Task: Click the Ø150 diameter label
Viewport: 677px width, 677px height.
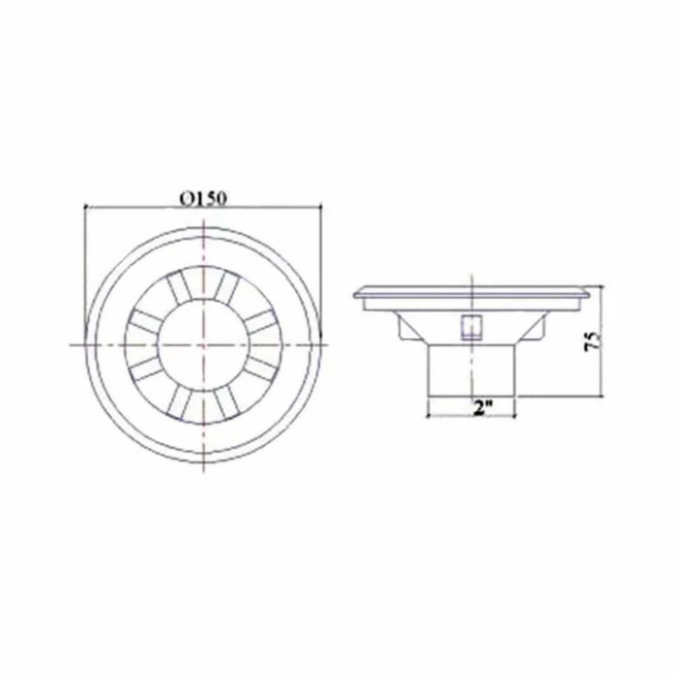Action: [203, 198]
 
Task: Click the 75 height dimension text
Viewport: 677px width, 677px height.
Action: [593, 340]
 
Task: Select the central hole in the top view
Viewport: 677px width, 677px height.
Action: [203, 344]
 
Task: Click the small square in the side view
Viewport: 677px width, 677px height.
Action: [471, 327]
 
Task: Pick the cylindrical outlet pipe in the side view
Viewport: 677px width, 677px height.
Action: [471, 370]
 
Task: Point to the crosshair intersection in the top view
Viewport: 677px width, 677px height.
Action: [203, 344]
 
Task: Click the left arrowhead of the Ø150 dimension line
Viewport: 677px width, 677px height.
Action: [85, 207]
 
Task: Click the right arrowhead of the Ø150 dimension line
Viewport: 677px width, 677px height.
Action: [320, 207]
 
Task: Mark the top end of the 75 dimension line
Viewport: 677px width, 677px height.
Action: [602, 286]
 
